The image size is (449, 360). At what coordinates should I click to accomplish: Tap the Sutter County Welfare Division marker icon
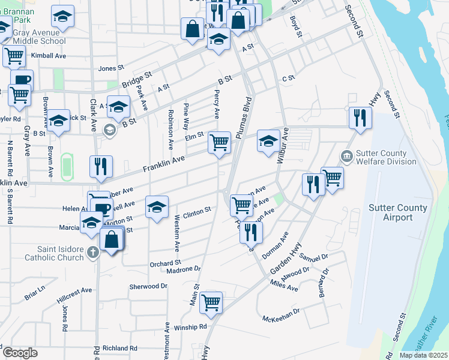[x=346, y=156]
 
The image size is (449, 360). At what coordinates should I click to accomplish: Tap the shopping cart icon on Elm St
[x=219, y=142]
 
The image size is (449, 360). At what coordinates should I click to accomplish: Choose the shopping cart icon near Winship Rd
[x=211, y=302]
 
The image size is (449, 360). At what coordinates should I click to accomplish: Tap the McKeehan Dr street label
[x=280, y=316]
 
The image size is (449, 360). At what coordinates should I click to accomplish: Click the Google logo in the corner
[x=20, y=353]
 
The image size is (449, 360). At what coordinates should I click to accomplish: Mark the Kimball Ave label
[x=49, y=55]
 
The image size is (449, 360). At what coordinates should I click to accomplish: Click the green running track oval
[x=67, y=165]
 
